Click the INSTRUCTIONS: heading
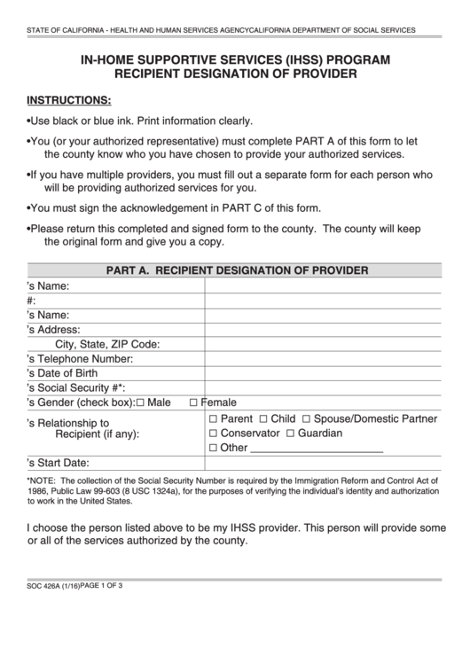click(69, 99)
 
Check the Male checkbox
click(140, 402)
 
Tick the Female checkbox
click(193, 402)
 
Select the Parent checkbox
click(213, 418)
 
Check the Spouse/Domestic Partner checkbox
click(306, 418)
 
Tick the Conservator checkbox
click(213, 434)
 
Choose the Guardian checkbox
click(289, 434)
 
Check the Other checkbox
click(213, 449)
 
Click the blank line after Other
click(317, 449)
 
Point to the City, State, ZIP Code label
click(107, 345)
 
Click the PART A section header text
click(237, 270)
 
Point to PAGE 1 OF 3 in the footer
click(101, 586)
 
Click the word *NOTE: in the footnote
click(43, 480)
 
